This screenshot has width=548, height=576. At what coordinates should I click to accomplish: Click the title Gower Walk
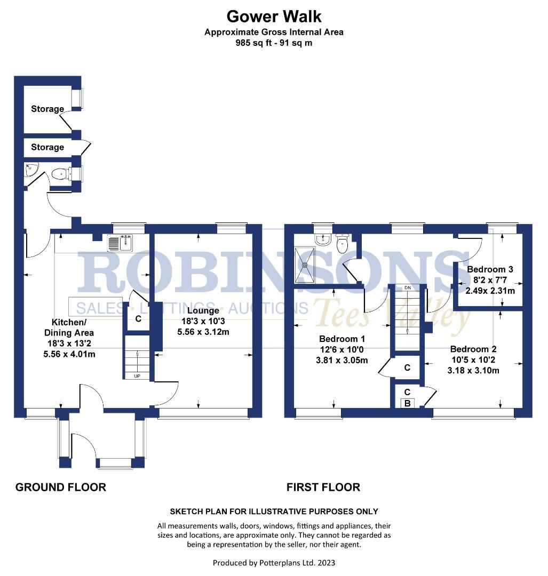(x=274, y=17)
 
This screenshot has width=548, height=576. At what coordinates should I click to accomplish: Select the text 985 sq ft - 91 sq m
(x=274, y=43)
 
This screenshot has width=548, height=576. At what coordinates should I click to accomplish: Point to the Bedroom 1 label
(x=342, y=339)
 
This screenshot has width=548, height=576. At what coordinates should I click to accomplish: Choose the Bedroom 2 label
(x=473, y=349)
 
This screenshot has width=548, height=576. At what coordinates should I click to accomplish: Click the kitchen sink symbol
(x=120, y=244)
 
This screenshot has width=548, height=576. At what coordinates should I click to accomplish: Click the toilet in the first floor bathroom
(x=342, y=244)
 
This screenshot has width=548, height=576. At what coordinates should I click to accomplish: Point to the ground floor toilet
(x=60, y=173)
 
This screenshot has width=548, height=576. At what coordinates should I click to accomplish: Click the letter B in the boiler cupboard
(x=407, y=404)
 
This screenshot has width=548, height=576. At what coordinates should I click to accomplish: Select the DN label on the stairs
(x=408, y=288)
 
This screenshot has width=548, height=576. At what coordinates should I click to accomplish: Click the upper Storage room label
(x=47, y=109)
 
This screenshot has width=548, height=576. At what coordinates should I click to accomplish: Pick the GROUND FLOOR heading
(x=60, y=487)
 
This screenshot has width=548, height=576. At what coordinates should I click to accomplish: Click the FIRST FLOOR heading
(x=323, y=487)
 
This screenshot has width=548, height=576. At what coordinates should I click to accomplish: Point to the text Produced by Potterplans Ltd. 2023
(x=274, y=563)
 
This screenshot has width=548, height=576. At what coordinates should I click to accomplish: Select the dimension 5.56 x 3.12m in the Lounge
(x=203, y=331)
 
